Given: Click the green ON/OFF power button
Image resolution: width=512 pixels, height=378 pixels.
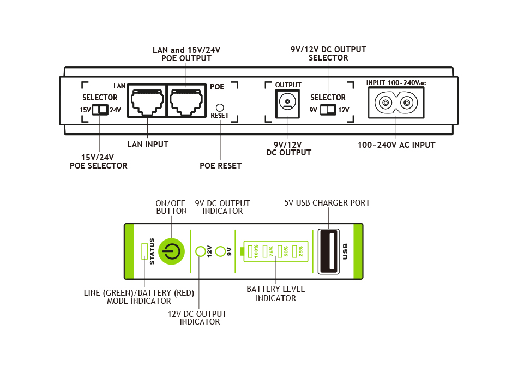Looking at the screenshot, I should click(171, 251).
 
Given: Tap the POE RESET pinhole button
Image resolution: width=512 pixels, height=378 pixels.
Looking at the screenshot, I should click(220, 107).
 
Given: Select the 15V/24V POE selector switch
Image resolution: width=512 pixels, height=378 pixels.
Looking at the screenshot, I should click(99, 110).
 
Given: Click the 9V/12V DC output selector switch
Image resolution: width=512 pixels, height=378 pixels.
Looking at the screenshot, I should click(327, 110).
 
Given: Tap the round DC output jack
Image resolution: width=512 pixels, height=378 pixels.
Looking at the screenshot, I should click(287, 102).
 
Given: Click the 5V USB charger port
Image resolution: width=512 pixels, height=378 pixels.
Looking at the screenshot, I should click(329, 251).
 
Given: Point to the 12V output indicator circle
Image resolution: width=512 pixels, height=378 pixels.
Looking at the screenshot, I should click(200, 251).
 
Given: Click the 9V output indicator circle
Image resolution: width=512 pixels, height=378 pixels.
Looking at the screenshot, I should click(221, 251).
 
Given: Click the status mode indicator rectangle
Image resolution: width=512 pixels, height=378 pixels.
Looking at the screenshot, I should click(144, 251).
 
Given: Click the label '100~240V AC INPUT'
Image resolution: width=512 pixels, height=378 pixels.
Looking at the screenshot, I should click(396, 145).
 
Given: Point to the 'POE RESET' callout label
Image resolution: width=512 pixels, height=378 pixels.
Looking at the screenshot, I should click(220, 166).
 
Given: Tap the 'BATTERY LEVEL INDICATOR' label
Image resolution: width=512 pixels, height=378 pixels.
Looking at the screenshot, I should click(275, 293).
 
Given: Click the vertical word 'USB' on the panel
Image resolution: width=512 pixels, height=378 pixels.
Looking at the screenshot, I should click(345, 251).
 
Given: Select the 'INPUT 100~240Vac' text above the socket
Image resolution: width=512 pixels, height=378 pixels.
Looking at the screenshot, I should click(396, 83).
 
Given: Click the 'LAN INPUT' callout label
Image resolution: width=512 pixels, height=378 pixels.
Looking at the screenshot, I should click(148, 145).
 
